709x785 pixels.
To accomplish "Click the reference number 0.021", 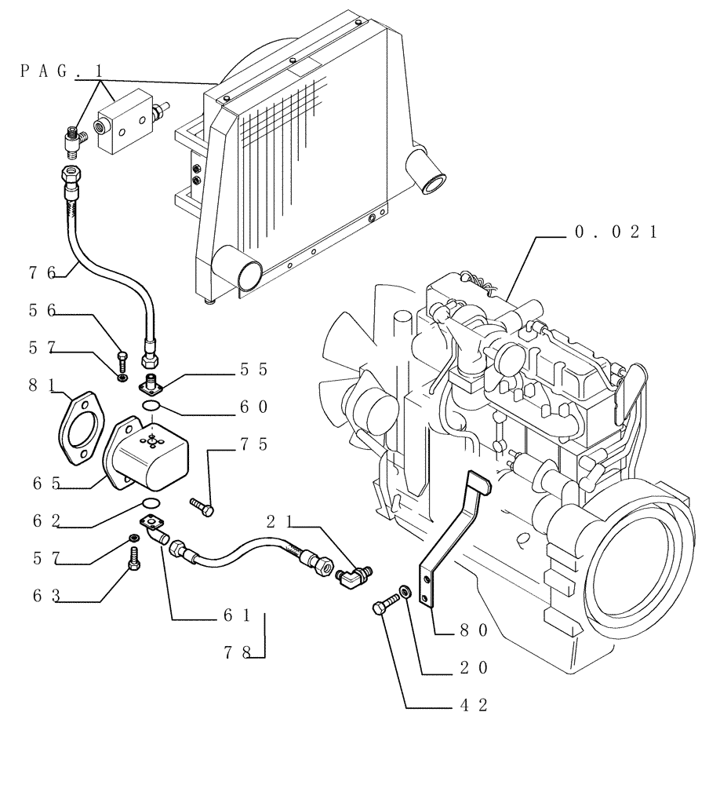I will (615, 232).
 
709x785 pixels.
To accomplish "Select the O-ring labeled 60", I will (154, 406).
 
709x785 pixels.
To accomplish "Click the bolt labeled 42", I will (385, 608).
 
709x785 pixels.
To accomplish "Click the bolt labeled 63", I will (134, 559).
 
